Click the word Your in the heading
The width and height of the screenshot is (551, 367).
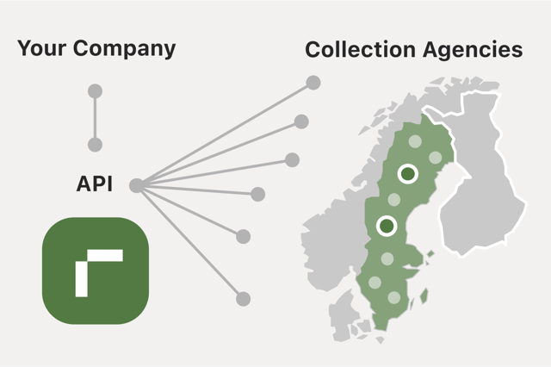pyautogui.click(x=41, y=48)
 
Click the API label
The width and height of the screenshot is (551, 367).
pyautogui.click(x=96, y=184)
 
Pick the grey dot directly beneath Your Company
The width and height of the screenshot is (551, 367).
pyautogui.click(x=96, y=90)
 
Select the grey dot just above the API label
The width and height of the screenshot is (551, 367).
pyautogui.click(x=96, y=145)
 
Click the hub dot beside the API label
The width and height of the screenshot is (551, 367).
pyautogui.click(x=136, y=184)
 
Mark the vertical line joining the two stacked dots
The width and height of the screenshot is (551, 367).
pyautogui.click(x=96, y=118)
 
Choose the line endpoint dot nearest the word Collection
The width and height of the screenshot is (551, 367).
pyautogui.click(x=313, y=84)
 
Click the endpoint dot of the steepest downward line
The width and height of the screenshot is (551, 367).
pyautogui.click(x=244, y=299)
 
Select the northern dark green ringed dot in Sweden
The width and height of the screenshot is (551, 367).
pyautogui.click(x=407, y=174)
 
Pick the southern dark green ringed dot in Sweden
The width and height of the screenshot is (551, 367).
pyautogui.click(x=387, y=226)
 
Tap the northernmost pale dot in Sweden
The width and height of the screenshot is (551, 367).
pyautogui.click(x=415, y=141)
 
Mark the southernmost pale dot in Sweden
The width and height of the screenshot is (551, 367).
pyautogui.click(x=394, y=298)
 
